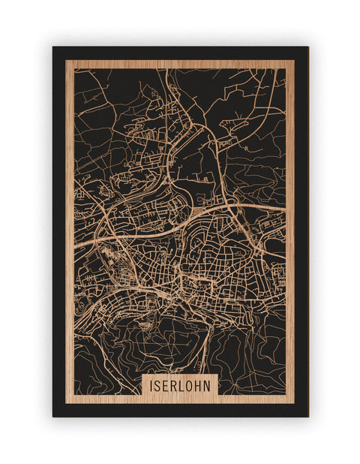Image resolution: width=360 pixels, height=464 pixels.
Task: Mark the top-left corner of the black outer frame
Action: [52, 47]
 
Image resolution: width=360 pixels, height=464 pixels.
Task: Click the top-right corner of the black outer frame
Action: [308, 47]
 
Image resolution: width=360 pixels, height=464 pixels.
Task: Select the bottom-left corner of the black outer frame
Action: [52, 417]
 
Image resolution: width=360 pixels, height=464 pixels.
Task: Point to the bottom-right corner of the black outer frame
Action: [308, 417]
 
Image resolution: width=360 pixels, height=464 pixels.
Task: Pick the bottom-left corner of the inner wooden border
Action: [66, 403]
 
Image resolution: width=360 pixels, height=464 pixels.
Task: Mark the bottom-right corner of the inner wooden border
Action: [295, 403]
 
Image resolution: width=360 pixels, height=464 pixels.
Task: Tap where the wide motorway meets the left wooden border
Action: [75, 242]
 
